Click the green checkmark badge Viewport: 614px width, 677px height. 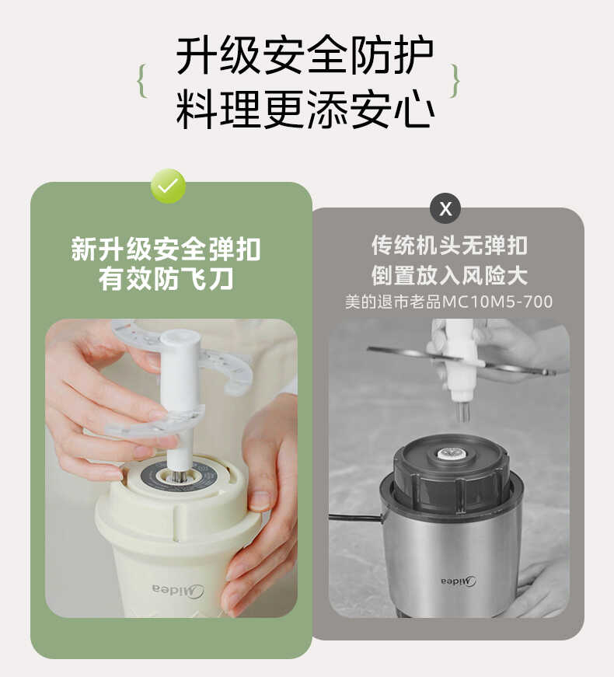(168, 187)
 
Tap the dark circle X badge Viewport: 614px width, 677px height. (445, 208)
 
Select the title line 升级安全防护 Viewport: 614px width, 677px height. (305, 56)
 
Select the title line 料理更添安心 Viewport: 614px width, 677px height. (305, 110)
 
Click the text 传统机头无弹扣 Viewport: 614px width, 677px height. (448, 246)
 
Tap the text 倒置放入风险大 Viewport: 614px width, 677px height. (448, 274)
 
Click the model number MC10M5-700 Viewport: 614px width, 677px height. (497, 302)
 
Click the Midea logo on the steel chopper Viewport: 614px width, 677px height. (459, 581)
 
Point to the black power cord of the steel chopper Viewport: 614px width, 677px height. (354, 517)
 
